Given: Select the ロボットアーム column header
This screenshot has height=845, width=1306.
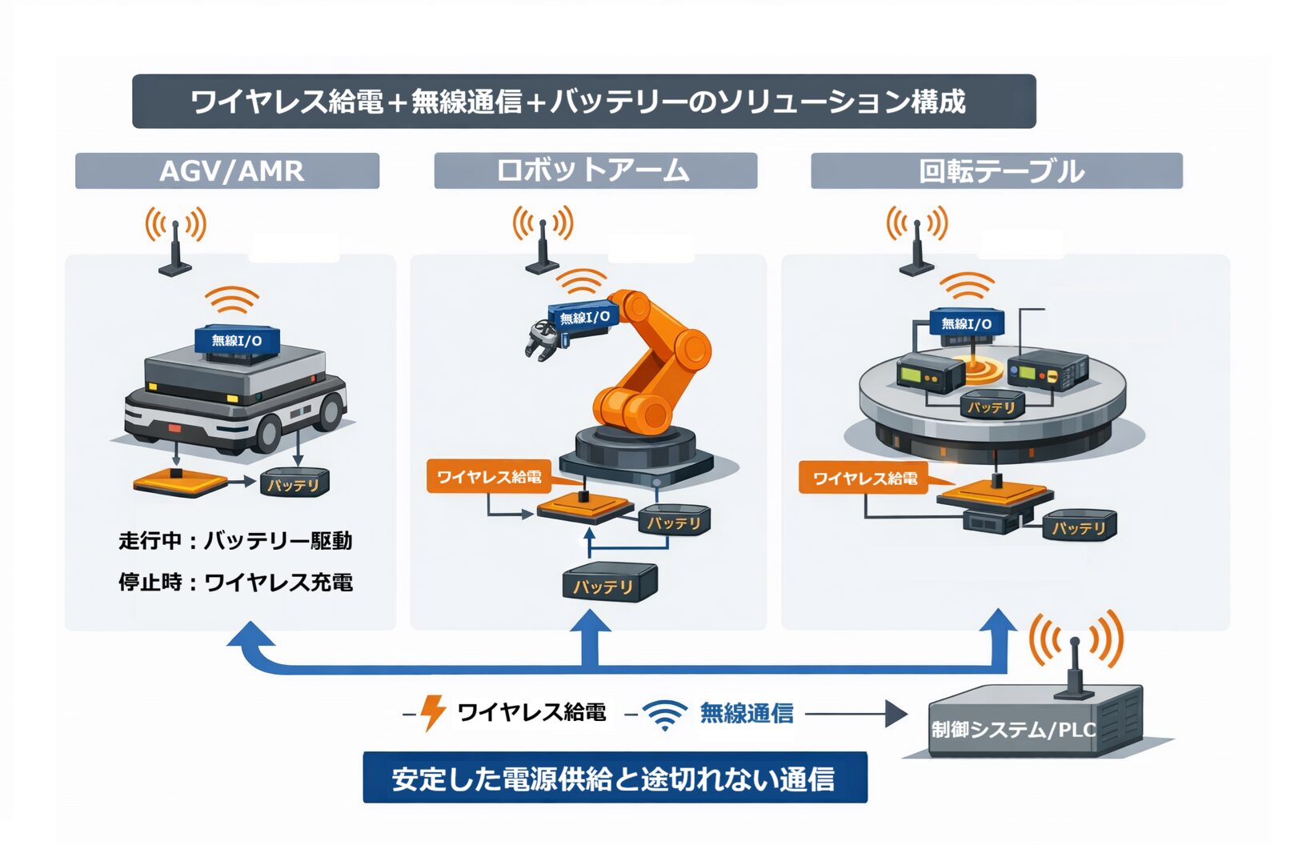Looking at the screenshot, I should point(595,170).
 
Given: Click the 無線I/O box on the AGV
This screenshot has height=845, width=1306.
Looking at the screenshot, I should point(237,341).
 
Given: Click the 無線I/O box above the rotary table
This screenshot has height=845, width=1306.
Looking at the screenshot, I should point(966,323).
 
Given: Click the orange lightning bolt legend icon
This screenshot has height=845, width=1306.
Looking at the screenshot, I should point(433,712).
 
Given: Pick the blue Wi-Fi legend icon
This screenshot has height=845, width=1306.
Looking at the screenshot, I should point(665,714).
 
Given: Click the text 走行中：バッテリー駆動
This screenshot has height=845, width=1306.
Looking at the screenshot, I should point(235,541).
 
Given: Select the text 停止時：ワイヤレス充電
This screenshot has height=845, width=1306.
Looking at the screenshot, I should point(235,582).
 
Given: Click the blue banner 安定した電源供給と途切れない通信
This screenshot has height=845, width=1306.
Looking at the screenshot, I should point(615,778).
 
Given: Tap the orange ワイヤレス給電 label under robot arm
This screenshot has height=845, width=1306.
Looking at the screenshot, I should point(488,477).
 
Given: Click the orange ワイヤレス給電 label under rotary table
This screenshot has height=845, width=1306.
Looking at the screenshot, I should point(863,479).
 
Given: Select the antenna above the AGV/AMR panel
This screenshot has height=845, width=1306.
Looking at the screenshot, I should point(175,244).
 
